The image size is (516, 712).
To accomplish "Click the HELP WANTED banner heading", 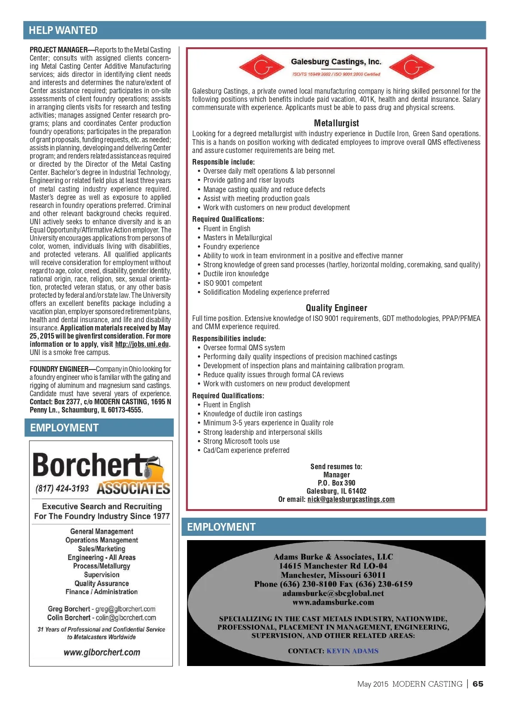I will point(63,31).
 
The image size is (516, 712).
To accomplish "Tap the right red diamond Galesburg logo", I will point(411,67).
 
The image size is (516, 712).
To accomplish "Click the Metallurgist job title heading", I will point(336,123).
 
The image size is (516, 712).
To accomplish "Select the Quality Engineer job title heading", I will point(336,308).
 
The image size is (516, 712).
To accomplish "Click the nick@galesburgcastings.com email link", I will point(351,499).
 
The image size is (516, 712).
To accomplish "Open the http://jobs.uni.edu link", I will point(142,344).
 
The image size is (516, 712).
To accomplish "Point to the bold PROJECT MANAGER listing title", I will point(59,50).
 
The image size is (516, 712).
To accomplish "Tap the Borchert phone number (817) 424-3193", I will point(62,489).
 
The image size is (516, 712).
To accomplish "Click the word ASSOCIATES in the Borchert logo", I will point(133,489).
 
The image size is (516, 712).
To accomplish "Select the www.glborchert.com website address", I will point(102,652).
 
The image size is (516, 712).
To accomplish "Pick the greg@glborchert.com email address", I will point(126,609).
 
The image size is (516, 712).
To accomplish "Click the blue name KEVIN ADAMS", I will point(353,651).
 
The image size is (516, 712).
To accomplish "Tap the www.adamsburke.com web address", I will point(333,602).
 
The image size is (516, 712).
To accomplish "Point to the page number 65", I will point(478,684).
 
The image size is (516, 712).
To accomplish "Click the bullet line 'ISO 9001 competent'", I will point(233,283).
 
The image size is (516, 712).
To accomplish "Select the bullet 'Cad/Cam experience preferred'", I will point(246,450).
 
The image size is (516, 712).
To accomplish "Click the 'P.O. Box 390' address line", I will point(336,483).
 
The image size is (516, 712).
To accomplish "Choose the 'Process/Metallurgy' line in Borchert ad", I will point(101,566).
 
